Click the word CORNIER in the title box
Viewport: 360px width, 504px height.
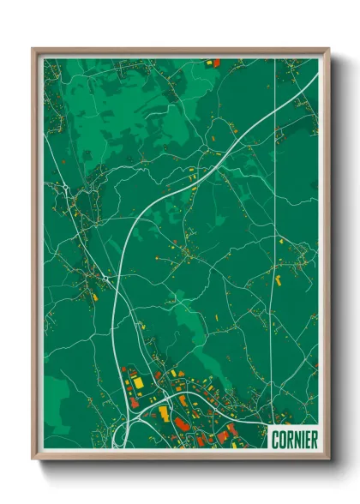point(294,439)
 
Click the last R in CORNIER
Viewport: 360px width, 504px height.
point(314,439)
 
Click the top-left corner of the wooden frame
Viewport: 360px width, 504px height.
point(33,49)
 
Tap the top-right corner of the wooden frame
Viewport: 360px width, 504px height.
point(328,49)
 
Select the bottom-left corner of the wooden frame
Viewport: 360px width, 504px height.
point(33,459)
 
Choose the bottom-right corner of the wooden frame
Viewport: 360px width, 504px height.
point(328,459)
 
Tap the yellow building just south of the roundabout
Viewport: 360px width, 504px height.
point(94,297)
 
